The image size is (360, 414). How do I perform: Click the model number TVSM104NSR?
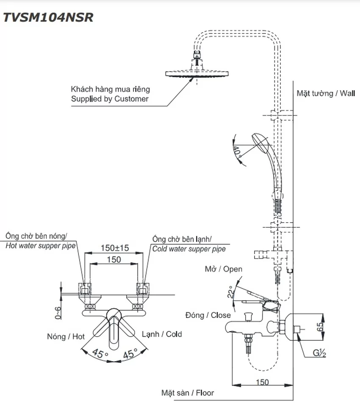click(x=48, y=17)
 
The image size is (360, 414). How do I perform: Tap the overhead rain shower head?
click(x=197, y=74)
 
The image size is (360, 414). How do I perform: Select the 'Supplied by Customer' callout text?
click(x=110, y=99)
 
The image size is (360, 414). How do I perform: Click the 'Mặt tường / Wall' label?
click(x=326, y=93)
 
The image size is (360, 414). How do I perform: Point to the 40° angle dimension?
click(x=237, y=152)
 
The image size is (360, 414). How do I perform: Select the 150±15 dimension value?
click(x=115, y=248)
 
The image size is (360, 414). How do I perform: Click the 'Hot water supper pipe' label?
click(x=40, y=246)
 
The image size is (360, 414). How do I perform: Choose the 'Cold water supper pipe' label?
click(x=189, y=249)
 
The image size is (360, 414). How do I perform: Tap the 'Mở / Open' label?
click(x=224, y=269)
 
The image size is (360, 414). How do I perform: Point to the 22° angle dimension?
click(x=231, y=292)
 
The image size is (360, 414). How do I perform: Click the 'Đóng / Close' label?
click(x=208, y=315)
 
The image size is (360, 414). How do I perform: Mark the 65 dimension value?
click(x=320, y=327)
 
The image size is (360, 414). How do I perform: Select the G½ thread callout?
click(x=319, y=353)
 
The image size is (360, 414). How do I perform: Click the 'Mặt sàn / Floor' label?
click(x=188, y=393)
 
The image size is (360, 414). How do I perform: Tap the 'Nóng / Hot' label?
click(x=66, y=337)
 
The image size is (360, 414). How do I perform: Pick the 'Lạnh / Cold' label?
click(x=162, y=334)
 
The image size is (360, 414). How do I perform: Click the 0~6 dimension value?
click(x=58, y=313)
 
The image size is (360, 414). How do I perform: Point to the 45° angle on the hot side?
click(x=100, y=353)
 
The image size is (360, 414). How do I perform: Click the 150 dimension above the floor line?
click(x=262, y=382)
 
